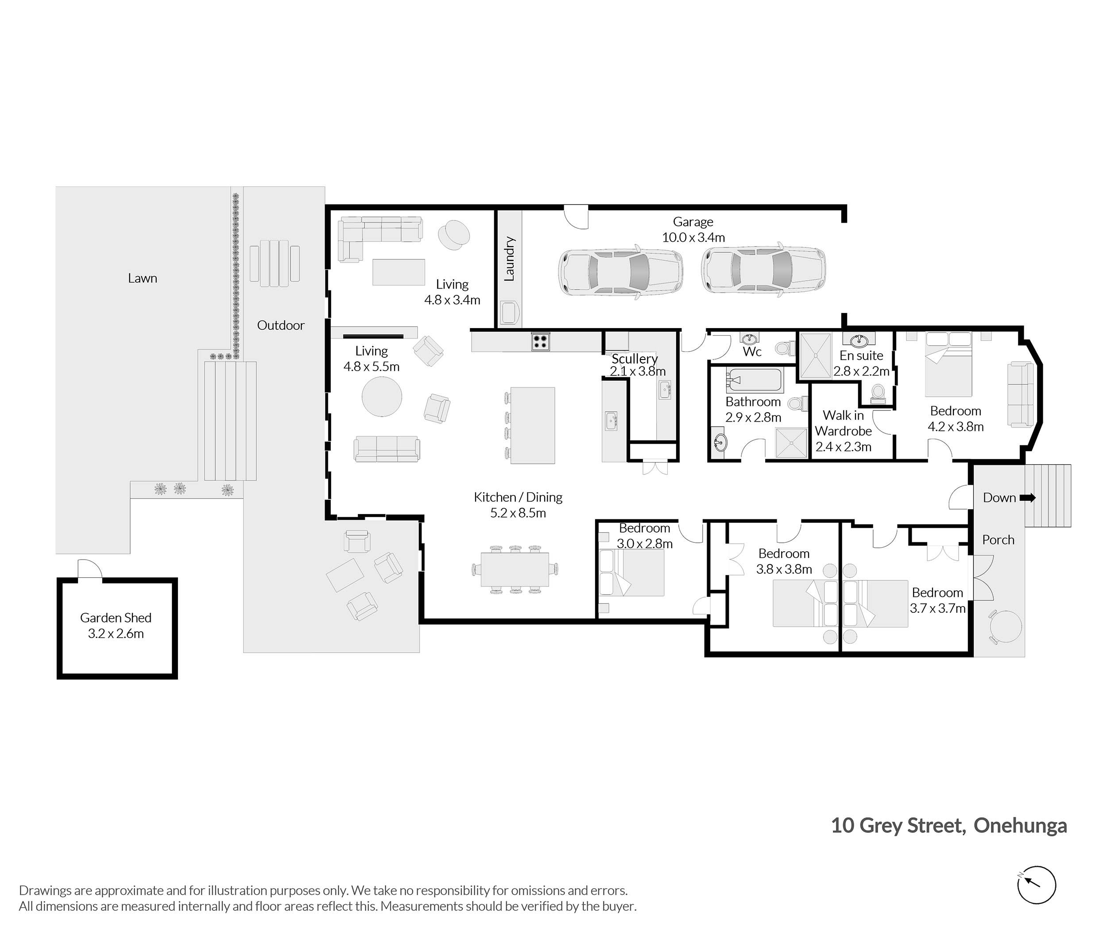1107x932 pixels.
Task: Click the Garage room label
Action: [693, 222]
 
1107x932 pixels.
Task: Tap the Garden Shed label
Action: [116, 618]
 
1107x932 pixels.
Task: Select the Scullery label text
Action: [635, 358]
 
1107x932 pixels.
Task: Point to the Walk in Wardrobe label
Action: [844, 423]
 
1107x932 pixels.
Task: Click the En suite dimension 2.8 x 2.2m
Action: [861, 371]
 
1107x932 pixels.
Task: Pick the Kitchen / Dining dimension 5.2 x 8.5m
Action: [518, 513]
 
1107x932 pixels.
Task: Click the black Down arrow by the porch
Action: [1027, 498]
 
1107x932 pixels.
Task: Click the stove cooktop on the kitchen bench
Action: [540, 341]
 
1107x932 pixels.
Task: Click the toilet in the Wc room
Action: [785, 348]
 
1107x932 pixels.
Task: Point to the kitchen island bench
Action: [533, 425]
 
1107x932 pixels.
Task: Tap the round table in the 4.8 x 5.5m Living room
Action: [382, 396]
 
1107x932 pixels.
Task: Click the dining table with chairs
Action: [515, 569]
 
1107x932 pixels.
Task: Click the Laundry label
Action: [509, 259]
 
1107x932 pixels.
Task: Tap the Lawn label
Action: [143, 278]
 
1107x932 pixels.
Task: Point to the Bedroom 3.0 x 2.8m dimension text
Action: [645, 544]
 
